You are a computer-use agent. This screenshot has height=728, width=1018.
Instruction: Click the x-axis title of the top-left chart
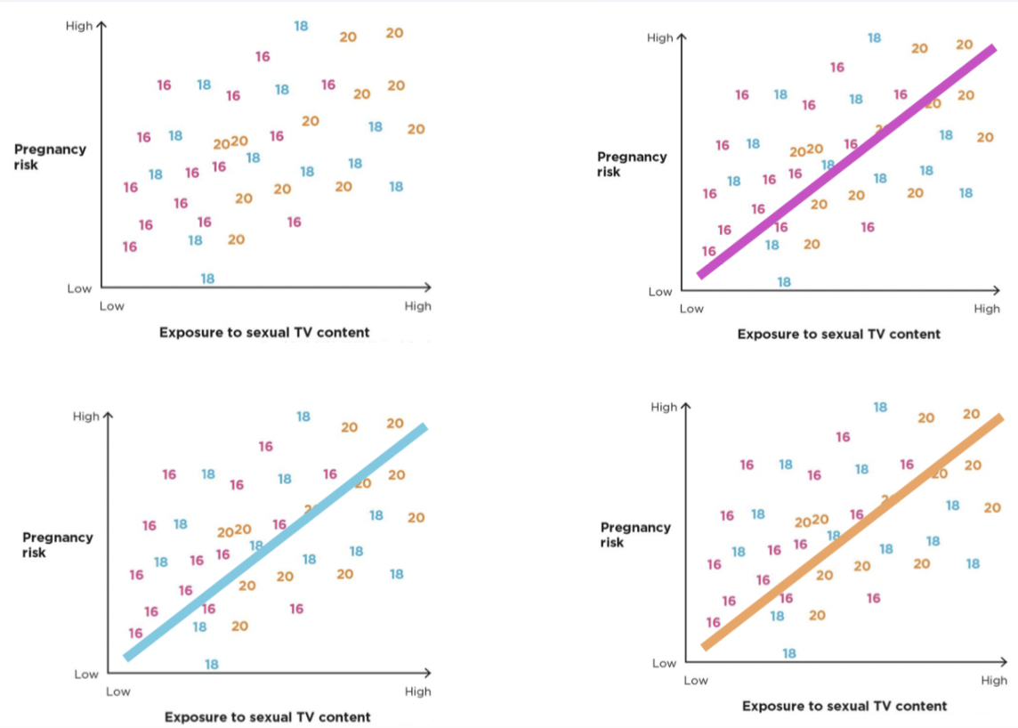[264, 333]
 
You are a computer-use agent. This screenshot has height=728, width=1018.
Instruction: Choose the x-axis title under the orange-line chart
[844, 706]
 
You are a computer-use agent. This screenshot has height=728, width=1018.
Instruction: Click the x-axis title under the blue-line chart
[267, 716]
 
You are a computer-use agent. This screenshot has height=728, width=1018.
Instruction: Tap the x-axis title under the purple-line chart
[838, 335]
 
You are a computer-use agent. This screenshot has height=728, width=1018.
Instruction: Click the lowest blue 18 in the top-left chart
[207, 279]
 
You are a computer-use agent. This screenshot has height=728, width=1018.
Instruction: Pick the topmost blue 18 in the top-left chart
[301, 26]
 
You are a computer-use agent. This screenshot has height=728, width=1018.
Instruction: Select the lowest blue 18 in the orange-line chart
[789, 653]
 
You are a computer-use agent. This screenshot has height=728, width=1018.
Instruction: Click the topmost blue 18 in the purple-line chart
[874, 37]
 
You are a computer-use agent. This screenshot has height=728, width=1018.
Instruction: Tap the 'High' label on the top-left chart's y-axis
[78, 26]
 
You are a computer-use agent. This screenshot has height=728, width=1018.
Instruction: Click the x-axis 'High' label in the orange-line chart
[994, 681]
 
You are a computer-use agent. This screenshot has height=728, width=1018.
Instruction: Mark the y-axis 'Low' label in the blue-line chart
[86, 674]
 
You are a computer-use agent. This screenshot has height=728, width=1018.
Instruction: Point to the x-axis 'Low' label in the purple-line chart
[691, 309]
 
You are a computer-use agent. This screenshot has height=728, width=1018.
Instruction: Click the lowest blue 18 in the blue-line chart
[211, 664]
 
